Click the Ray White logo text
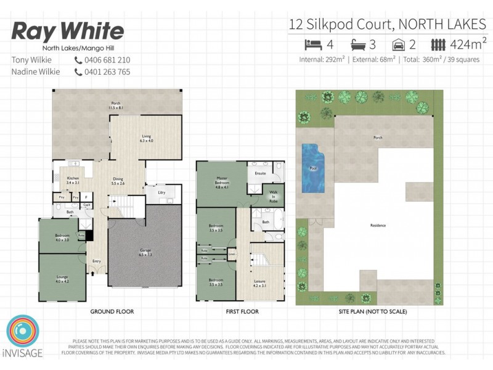[x=68, y=31]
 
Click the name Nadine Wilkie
[x=36, y=72]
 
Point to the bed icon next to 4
[x=314, y=45]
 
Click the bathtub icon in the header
[x=359, y=45]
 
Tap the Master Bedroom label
[x=222, y=181]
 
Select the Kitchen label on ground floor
[x=73, y=181]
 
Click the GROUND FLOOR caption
[x=112, y=312]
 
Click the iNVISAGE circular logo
[x=23, y=333]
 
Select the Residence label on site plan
[x=377, y=226]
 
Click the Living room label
[x=147, y=138]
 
